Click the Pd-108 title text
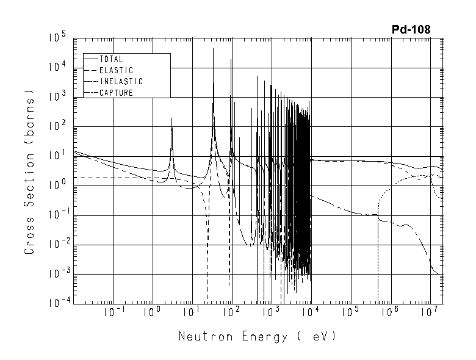point(411,30)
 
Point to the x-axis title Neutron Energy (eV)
point(257,336)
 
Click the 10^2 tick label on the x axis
point(231,312)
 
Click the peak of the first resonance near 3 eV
point(172,118)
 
